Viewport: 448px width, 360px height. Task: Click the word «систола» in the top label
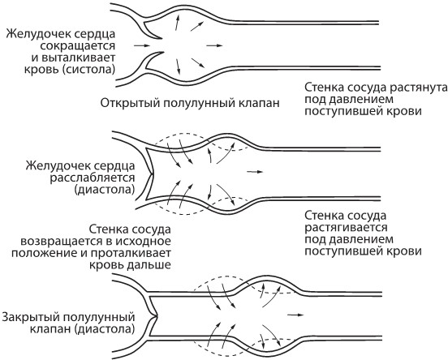[90, 70]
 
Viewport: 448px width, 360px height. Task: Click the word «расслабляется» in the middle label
[93, 178]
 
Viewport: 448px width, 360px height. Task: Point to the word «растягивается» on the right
[346, 228]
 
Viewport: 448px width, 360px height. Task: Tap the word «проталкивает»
[131, 253]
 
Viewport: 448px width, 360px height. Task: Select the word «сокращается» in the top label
[78, 45]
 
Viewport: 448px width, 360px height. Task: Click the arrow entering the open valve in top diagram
[142, 45]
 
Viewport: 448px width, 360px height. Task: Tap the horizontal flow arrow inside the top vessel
[214, 45]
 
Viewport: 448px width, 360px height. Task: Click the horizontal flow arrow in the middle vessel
[255, 172]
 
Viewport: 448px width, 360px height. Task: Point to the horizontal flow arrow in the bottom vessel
[295, 315]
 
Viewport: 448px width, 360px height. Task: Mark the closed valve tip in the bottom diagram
[156, 316]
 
